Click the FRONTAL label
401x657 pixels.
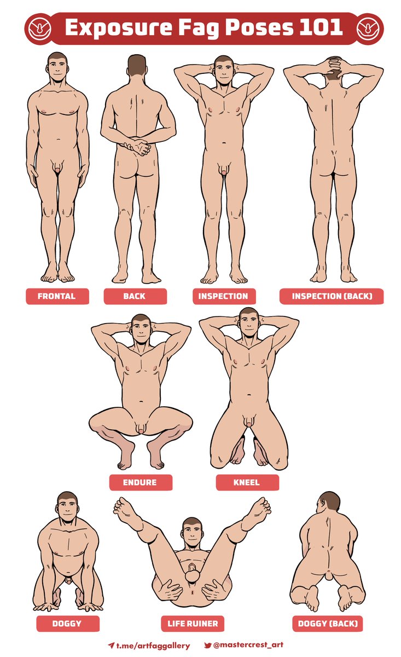click(x=57, y=296)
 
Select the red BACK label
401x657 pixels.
click(x=135, y=296)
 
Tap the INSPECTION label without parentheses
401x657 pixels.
click(x=224, y=296)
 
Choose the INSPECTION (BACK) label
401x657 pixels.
click(x=332, y=296)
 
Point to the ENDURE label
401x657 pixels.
click(x=141, y=482)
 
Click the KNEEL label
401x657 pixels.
click(x=247, y=482)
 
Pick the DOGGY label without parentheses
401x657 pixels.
click(x=68, y=623)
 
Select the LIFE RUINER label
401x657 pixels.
click(x=190, y=623)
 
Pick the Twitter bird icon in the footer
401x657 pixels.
click(x=208, y=646)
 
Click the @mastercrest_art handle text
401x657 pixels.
click(x=252, y=646)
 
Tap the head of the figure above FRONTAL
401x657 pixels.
click(x=57, y=67)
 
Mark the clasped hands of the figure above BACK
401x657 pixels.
click(x=136, y=147)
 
